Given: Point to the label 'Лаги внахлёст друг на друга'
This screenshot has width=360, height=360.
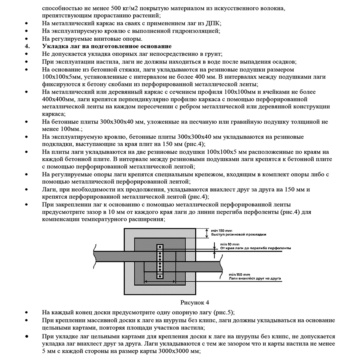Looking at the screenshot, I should click(x=249, y=278).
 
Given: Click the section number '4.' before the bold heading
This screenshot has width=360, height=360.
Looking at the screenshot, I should click(x=28, y=46).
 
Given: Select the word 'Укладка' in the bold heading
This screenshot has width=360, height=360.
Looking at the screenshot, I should click(x=54, y=46).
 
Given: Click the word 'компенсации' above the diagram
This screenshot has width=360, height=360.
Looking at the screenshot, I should click(x=60, y=220).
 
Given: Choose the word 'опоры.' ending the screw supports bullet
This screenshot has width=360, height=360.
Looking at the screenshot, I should click(x=134, y=39).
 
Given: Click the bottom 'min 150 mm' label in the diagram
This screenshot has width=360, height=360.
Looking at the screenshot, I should click(x=235, y=274).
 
